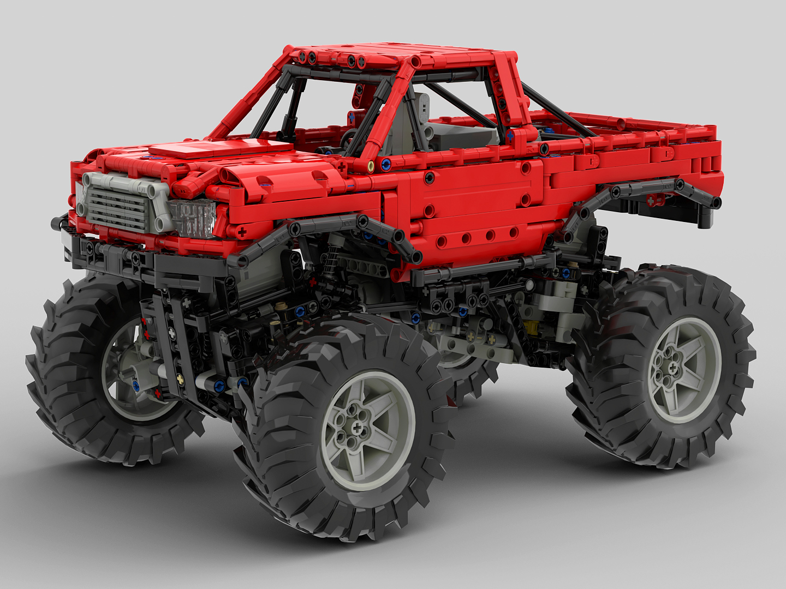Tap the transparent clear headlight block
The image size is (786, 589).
(193, 218)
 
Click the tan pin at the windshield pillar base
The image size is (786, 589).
(371, 165)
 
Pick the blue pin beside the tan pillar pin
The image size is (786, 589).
(386, 163)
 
